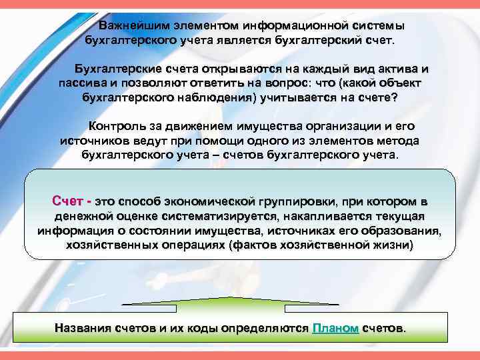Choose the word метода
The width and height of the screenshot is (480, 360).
[397, 141]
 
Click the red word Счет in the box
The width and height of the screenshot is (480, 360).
[67, 201]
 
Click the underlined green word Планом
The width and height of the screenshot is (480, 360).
[335, 329]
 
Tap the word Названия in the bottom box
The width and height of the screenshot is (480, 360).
[83, 329]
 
